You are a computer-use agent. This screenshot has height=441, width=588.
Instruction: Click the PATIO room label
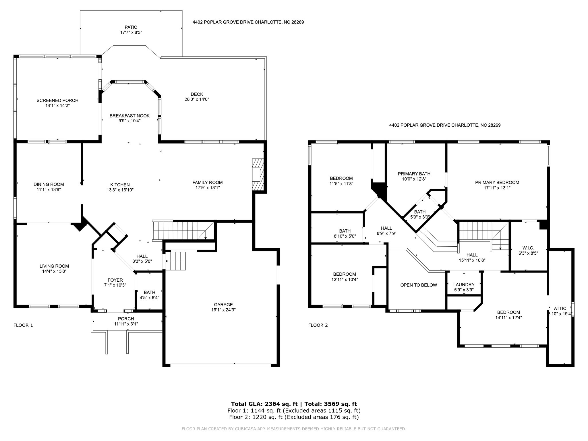point(131,27)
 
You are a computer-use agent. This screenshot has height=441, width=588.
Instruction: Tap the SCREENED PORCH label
point(57,100)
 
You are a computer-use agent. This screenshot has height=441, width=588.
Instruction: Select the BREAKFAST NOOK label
point(129,116)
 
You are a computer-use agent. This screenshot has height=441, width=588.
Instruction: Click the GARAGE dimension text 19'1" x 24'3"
point(223,310)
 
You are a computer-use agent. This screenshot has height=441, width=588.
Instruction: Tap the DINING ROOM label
point(49,184)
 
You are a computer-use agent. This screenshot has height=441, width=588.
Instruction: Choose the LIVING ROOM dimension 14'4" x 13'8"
point(54,271)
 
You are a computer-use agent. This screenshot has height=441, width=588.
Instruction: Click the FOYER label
point(115,280)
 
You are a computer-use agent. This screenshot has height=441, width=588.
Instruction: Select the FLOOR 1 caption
point(23,325)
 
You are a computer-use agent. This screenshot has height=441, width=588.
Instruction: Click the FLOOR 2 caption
point(318,325)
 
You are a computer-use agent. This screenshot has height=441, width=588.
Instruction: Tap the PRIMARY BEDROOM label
point(497,182)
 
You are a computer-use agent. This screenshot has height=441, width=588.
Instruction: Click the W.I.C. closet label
point(528,248)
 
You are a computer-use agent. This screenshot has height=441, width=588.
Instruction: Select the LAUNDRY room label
point(464,285)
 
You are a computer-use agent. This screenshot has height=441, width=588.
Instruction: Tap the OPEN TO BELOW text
point(419,285)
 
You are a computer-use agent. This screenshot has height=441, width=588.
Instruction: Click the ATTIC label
point(560,308)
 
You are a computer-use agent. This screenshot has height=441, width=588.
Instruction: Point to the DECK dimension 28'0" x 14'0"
point(197,99)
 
